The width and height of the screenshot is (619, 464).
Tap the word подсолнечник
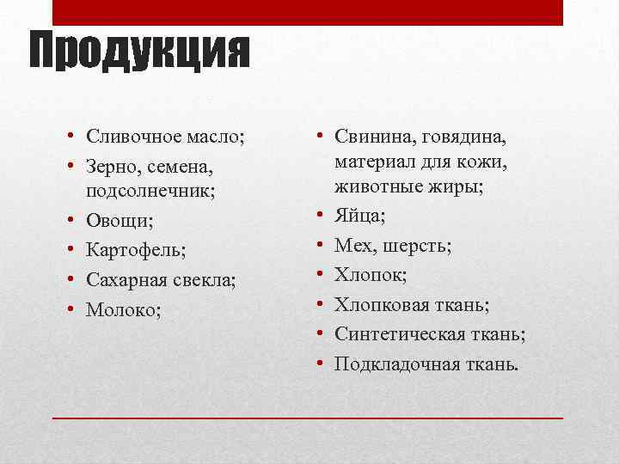pyautogui.click(x=149, y=192)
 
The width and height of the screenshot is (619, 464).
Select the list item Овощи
pyautogui.click(x=120, y=221)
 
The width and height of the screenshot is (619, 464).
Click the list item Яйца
pyautogui.click(x=359, y=216)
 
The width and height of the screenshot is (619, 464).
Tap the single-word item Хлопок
pyautogui.click(x=371, y=275)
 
